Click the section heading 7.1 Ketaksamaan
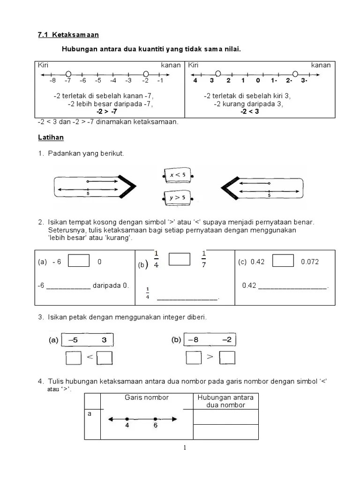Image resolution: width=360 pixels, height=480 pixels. tap(68, 35)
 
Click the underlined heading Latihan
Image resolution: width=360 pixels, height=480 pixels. tap(51, 138)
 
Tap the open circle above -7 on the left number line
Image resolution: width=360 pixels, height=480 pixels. tap(68, 74)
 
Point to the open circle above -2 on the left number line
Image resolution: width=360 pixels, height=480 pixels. tap(146, 74)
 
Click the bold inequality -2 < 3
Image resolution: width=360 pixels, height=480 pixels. tap(249, 112)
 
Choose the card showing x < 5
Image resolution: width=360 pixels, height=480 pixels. tap(177, 175)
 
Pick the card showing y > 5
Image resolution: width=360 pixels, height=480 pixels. tap(177, 198)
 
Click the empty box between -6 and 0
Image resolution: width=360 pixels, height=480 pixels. tap(78, 261)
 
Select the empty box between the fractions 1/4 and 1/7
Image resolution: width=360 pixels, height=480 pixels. tap(179, 259)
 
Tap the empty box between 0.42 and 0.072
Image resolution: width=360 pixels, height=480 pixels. tap(283, 261)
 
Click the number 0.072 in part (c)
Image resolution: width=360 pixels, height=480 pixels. tap(310, 262)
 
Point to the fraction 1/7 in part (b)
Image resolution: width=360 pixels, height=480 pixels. tap(204, 259)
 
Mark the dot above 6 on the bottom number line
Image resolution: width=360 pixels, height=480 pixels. tap(155, 419)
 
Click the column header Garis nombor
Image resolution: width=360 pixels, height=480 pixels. tap(146, 397)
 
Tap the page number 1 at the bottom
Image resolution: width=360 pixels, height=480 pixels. tap(185, 448)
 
